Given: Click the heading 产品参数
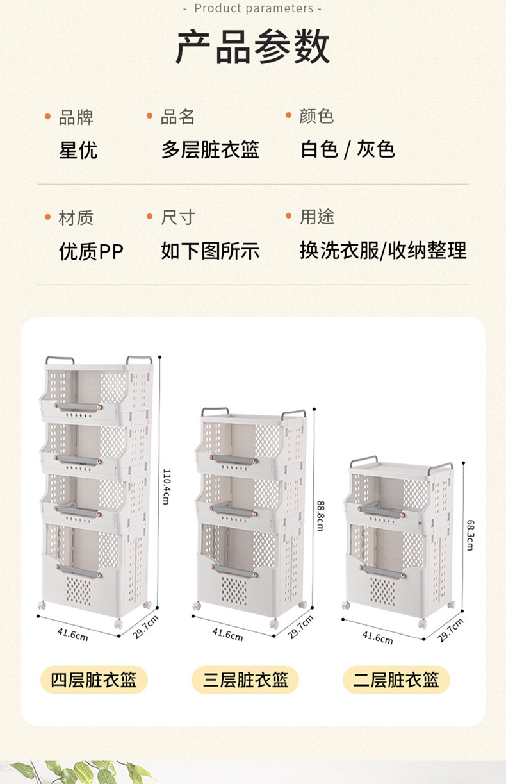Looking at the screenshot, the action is [x=253, y=47].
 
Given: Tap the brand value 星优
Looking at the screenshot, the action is [x=78, y=150].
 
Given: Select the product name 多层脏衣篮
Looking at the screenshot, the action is [x=210, y=150].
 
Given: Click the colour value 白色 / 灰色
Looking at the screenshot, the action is [x=348, y=150].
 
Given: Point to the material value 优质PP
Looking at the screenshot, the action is [x=91, y=251].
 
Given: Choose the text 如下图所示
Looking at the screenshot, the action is [x=210, y=251].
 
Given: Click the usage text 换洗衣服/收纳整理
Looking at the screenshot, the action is [x=383, y=251].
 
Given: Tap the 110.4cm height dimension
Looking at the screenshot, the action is [x=166, y=485].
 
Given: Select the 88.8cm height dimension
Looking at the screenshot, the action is [x=320, y=515].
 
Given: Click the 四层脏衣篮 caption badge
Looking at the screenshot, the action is [x=94, y=680].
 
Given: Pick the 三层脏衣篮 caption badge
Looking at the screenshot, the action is [x=245, y=680].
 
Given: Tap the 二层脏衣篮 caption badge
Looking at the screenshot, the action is [x=396, y=680].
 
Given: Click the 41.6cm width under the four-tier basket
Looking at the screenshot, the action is [x=72, y=633].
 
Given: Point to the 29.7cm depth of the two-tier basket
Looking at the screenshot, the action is [x=450, y=631].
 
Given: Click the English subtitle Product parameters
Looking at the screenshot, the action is [x=253, y=8].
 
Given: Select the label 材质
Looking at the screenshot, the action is [x=76, y=217].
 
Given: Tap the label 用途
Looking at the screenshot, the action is [x=316, y=217].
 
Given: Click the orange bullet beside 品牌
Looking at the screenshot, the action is [x=47, y=117].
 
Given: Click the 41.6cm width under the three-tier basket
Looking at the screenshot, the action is [x=227, y=633].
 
